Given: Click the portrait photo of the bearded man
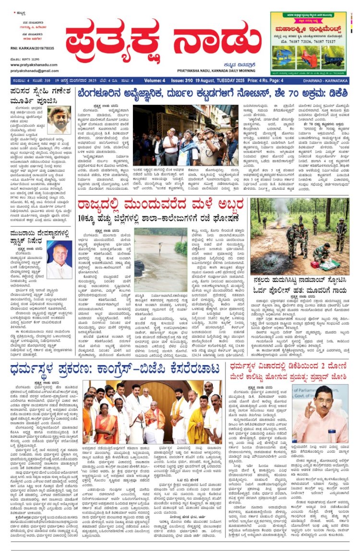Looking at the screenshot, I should click(x=59, y=120).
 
